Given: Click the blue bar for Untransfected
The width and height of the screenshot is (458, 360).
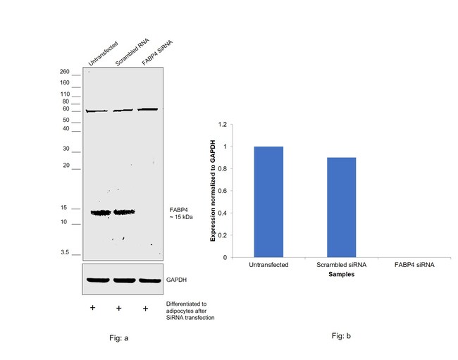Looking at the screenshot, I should pos(268,202).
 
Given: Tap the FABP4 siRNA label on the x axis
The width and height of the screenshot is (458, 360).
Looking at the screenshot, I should pos(414,266).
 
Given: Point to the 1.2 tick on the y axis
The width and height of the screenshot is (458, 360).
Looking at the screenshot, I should pos(223,125).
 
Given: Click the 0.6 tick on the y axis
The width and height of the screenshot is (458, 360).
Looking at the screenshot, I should pos(223,191).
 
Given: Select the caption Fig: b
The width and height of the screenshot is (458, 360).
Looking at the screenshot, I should pos(341,336).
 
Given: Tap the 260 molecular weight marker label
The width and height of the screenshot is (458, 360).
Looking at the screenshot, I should pos(65,72).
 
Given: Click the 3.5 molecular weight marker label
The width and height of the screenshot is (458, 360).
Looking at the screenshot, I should pos(66,252).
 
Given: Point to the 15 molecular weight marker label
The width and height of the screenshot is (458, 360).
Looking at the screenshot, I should pos(65,208).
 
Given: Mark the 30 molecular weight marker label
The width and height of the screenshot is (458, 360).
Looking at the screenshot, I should pos(66,149).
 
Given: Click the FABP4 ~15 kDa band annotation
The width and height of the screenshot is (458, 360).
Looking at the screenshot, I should pos(180,213).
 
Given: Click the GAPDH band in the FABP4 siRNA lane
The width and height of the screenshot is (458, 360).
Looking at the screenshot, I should pos(148,280).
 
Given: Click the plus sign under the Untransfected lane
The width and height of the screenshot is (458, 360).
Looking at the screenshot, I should pos(92,309).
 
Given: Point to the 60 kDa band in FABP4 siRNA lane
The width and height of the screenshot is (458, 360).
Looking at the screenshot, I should pos(147,109).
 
